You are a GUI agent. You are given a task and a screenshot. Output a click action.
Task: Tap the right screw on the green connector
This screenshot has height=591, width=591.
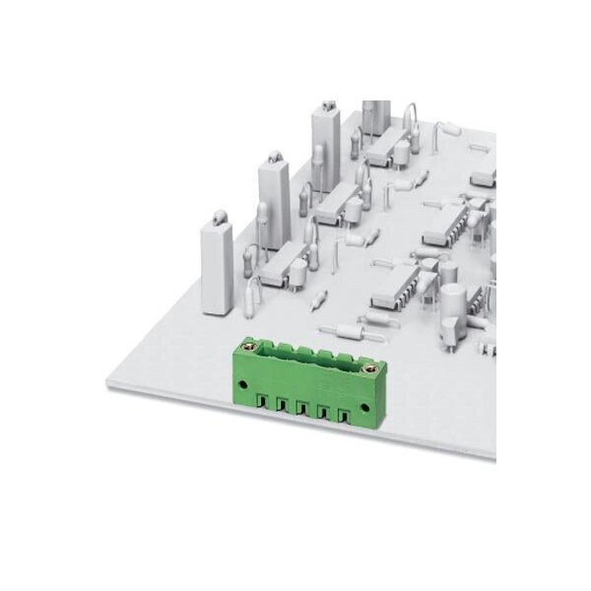pos(371,368)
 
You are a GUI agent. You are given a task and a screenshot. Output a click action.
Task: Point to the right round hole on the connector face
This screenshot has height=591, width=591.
pos(369,406)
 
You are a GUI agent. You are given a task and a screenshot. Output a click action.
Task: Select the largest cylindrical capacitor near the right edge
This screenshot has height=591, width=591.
pos(456,307)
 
